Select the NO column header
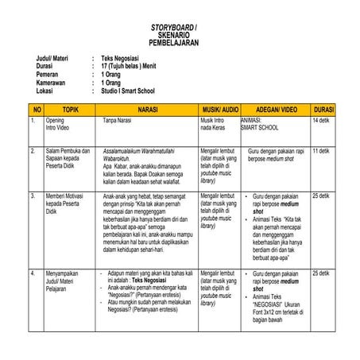click(35, 108)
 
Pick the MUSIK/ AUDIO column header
click(219, 108)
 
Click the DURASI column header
click(324, 108)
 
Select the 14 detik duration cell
click(321, 120)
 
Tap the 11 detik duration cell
click(321, 150)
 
